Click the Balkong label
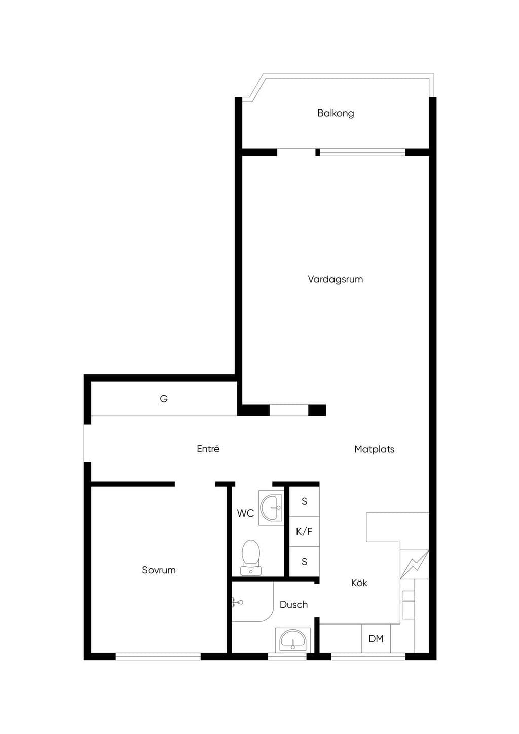(x=336, y=114)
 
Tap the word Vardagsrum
(x=335, y=280)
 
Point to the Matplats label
(x=374, y=449)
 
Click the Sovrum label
(x=159, y=570)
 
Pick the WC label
(x=245, y=513)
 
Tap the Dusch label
(x=293, y=605)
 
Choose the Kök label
(x=359, y=583)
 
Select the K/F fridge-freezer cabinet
(x=304, y=532)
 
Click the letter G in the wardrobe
(x=164, y=399)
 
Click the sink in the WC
(x=271, y=507)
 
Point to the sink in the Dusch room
(x=292, y=640)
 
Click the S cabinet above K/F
(x=304, y=501)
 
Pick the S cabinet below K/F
(x=304, y=562)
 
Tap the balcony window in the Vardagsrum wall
(x=363, y=152)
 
